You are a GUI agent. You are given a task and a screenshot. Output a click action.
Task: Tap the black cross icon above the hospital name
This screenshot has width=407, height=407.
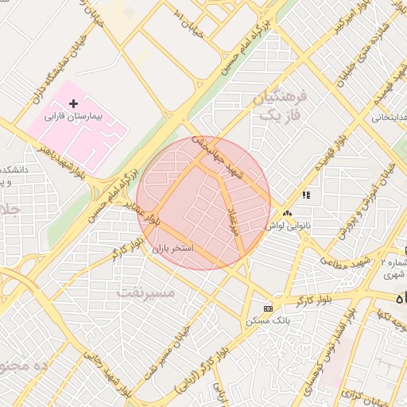(x=74, y=104)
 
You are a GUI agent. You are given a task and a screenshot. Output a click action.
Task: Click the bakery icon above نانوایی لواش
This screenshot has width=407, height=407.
(x=287, y=213)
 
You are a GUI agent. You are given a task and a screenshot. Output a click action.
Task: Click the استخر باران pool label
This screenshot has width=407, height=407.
(x=173, y=249)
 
